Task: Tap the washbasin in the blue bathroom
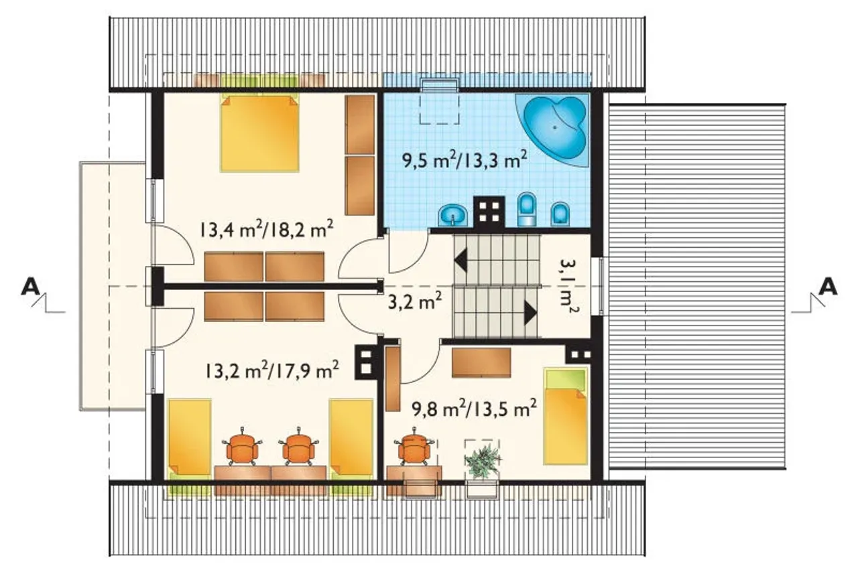pos(453,215)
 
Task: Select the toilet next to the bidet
pos(527,209)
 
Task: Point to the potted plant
pos(483,461)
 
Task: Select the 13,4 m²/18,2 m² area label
pos(266,230)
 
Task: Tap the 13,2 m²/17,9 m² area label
pos(271,370)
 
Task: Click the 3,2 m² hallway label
pos(415,301)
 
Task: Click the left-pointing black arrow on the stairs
pos(461,261)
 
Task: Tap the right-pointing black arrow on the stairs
pos(530,313)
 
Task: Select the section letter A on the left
pos(30,287)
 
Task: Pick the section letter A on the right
pos(828,287)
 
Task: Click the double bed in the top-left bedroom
pos(259,133)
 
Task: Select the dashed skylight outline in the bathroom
pos(440,102)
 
